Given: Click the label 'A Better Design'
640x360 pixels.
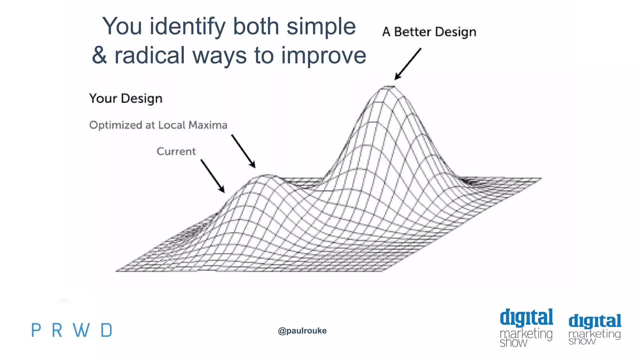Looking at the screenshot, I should click(x=429, y=32).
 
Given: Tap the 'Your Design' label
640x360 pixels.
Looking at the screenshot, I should click(x=126, y=98).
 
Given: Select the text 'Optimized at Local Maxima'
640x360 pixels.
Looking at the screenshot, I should click(x=158, y=125).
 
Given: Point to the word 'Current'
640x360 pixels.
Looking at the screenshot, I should click(x=176, y=151).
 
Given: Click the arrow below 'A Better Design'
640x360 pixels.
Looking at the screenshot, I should click(x=408, y=64).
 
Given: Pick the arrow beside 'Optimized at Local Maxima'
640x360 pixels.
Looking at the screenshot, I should click(x=243, y=151).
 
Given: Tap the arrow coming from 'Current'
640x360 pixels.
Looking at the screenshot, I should click(x=212, y=176).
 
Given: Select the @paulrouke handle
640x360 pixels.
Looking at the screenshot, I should click(x=302, y=331).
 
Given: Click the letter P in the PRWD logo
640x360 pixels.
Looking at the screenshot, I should click(x=36, y=330).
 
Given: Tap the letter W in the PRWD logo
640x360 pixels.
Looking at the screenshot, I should click(x=81, y=330).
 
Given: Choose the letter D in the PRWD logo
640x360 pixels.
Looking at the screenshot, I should click(x=107, y=330).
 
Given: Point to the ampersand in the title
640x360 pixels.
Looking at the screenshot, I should click(x=99, y=55).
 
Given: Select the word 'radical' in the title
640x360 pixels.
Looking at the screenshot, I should click(x=150, y=55).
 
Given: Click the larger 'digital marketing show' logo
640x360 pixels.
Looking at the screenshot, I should click(x=526, y=328).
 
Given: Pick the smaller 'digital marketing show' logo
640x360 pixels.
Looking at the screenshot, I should click(x=595, y=330).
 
